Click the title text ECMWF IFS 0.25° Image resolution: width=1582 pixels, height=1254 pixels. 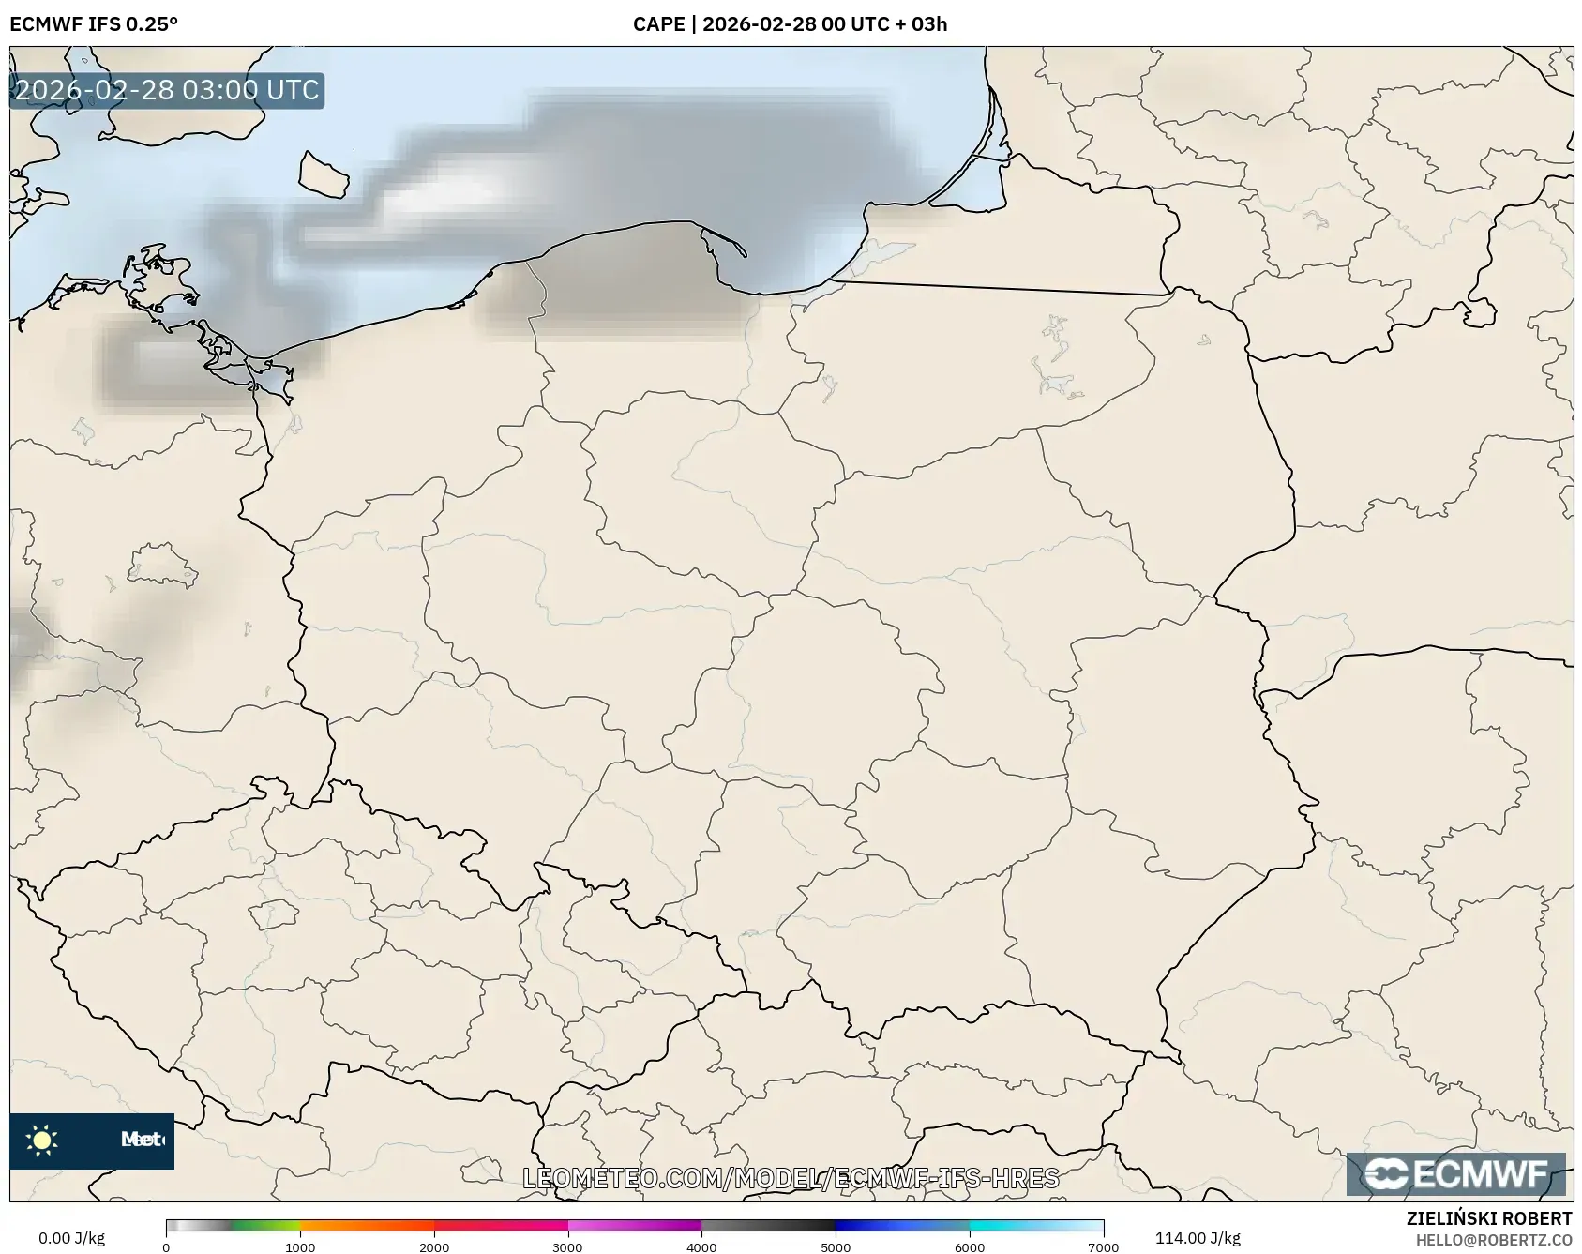tap(94, 23)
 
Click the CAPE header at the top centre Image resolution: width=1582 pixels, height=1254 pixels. tap(790, 23)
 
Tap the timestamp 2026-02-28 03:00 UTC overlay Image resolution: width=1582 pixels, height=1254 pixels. tap(167, 90)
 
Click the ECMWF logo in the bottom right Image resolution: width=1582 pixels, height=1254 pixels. tap(1456, 1174)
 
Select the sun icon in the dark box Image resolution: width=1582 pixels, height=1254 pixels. tap(42, 1141)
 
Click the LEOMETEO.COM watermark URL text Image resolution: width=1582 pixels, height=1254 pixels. tap(791, 1178)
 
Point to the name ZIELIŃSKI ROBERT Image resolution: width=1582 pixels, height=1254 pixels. tap(1488, 1218)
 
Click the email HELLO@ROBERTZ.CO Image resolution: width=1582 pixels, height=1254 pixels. tap(1493, 1240)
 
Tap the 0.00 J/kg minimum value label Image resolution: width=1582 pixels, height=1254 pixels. tap(71, 1238)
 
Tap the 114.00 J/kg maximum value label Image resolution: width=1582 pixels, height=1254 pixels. tap(1198, 1238)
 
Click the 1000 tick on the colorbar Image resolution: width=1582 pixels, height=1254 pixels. tap(300, 1247)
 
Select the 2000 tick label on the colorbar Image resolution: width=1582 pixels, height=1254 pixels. tap(434, 1247)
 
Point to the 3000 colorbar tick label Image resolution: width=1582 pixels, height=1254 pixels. tap(568, 1247)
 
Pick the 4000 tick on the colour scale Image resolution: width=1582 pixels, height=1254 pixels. tap(702, 1247)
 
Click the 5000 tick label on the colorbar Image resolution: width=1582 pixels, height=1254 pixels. tap(836, 1247)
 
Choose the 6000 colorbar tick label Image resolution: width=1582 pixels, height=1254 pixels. tap(970, 1247)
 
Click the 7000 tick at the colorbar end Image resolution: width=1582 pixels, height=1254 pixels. tap(1103, 1247)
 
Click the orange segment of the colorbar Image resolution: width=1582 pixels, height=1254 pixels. tap(366, 1226)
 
